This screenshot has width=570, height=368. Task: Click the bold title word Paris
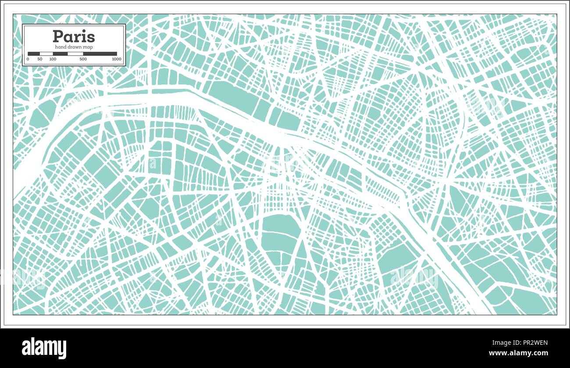(74, 36)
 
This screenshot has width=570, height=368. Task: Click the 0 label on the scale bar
(28, 59)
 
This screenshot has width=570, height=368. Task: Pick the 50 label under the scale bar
(40, 59)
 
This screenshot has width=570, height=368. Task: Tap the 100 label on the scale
(53, 59)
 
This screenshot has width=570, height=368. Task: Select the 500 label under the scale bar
(83, 59)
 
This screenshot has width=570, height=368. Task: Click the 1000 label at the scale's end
(117, 59)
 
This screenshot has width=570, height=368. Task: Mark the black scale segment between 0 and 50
(34, 54)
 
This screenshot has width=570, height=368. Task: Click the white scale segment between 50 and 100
(46, 54)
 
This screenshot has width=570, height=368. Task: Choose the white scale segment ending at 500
(75, 54)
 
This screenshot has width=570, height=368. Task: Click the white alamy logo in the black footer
(44, 348)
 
